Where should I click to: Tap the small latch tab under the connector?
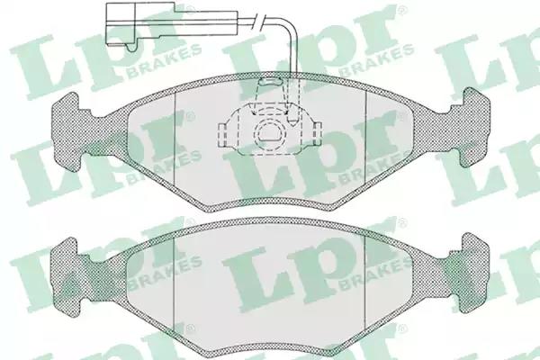pyautogui.click(x=130, y=48)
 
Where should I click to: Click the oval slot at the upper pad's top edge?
pyautogui.click(x=271, y=82)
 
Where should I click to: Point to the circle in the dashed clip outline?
pyautogui.click(x=270, y=131)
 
